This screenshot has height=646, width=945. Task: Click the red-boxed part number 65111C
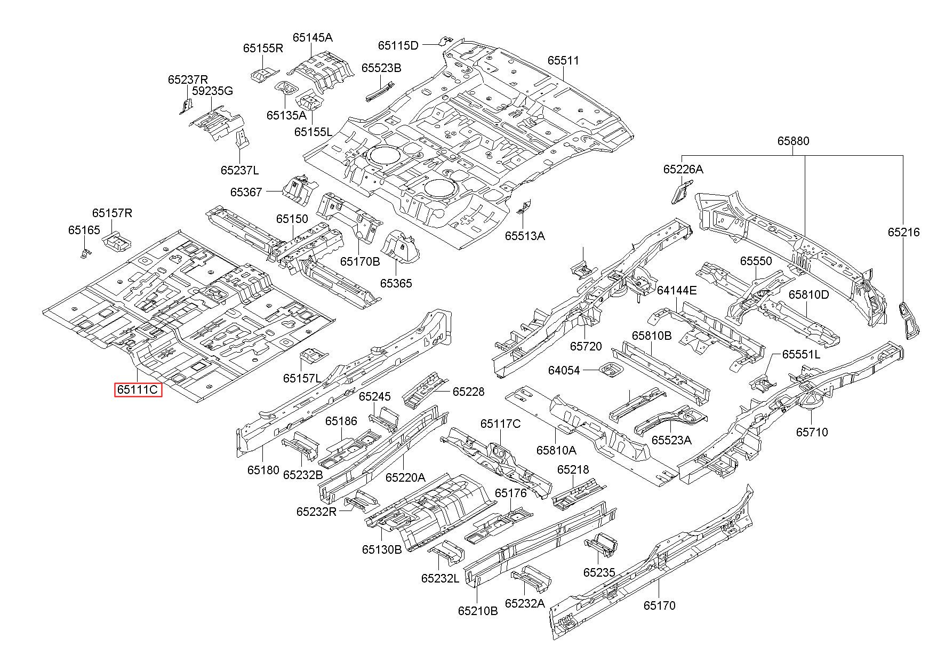point(138,390)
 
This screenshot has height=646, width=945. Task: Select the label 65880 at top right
point(793,141)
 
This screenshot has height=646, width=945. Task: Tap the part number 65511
point(563,61)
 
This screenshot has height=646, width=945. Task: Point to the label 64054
point(564,370)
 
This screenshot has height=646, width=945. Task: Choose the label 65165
point(84,230)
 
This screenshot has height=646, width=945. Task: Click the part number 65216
point(903,232)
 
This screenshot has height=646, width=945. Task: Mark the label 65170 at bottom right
point(659,605)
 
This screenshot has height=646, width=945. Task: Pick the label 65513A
point(525,236)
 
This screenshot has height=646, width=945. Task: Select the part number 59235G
point(212,91)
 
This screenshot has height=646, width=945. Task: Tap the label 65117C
point(500,424)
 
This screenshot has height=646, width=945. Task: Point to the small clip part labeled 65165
point(84,252)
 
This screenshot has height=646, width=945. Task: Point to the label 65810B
point(652,336)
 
